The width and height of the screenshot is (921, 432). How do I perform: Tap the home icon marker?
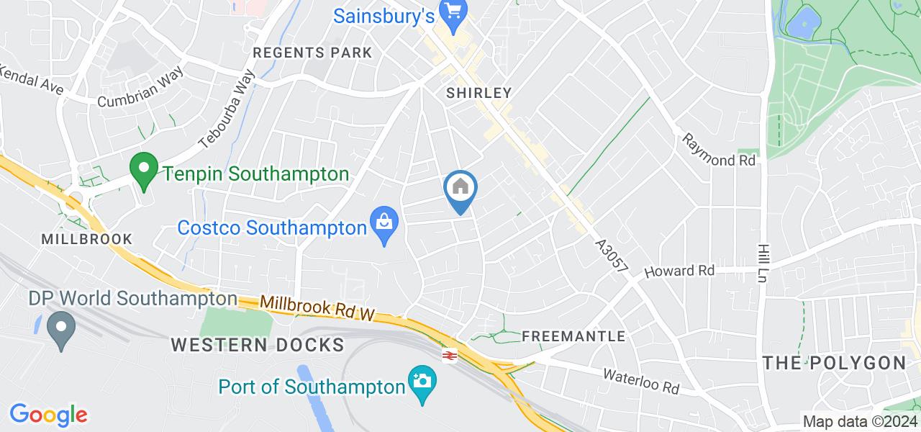point(460,189)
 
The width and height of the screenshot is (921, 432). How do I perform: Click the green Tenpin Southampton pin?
point(144,171)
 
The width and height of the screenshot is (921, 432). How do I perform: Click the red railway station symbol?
point(450,354)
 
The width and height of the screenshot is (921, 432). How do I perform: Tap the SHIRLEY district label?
point(478,93)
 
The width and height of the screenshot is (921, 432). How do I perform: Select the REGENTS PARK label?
point(313,53)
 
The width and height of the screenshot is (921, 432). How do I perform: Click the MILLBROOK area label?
point(87,238)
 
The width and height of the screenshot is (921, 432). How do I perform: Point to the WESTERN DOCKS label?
point(258,344)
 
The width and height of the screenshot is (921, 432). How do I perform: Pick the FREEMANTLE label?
point(573,336)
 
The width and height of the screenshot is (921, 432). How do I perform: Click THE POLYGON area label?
point(834,363)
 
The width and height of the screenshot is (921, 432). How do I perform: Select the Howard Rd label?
point(679,271)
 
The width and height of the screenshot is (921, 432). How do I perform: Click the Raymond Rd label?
point(719,150)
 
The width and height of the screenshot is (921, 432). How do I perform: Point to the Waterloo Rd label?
point(641,382)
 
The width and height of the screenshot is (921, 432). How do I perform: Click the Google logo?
point(48,414)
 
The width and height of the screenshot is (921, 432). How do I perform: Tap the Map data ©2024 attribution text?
point(860,422)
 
